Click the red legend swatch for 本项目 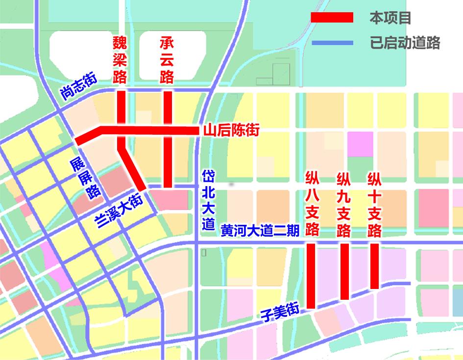point(332,18)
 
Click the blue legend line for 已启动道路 point(332,43)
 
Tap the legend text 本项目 point(390,19)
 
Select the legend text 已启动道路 point(405,43)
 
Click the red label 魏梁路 point(120,60)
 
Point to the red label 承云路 point(167,60)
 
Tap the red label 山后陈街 point(231,130)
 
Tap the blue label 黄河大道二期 point(260,230)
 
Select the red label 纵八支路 point(312,203)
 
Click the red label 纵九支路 point(344,203)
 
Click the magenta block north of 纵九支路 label point(360,144)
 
